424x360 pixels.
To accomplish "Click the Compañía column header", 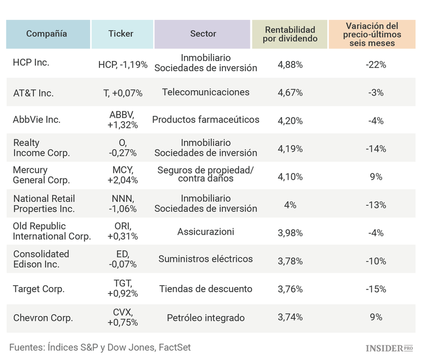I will (x=47, y=34).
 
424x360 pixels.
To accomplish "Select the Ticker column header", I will (x=121, y=34).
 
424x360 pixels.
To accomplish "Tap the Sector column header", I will (x=203, y=34).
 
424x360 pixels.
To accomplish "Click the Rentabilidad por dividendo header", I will (x=290, y=34).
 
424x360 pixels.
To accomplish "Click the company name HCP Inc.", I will (x=31, y=63).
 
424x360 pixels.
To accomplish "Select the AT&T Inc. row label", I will (x=33, y=93).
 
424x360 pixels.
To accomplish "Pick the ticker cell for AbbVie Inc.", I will (x=123, y=120).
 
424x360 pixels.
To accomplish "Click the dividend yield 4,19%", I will (x=290, y=149).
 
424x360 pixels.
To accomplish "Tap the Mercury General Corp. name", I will (x=41, y=175).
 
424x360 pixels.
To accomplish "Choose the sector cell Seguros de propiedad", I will (x=206, y=175).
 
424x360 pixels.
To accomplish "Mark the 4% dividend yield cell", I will (x=290, y=205).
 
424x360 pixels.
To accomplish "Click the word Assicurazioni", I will (x=206, y=232).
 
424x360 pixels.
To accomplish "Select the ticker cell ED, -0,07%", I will (x=123, y=259).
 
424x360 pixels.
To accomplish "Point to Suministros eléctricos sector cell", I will (x=206, y=259).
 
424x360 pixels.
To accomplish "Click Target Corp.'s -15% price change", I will (x=376, y=289).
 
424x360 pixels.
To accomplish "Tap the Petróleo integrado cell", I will (x=206, y=318).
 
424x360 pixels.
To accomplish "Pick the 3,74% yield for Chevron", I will (x=290, y=317).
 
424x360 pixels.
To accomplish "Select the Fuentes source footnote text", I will (x=100, y=347).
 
